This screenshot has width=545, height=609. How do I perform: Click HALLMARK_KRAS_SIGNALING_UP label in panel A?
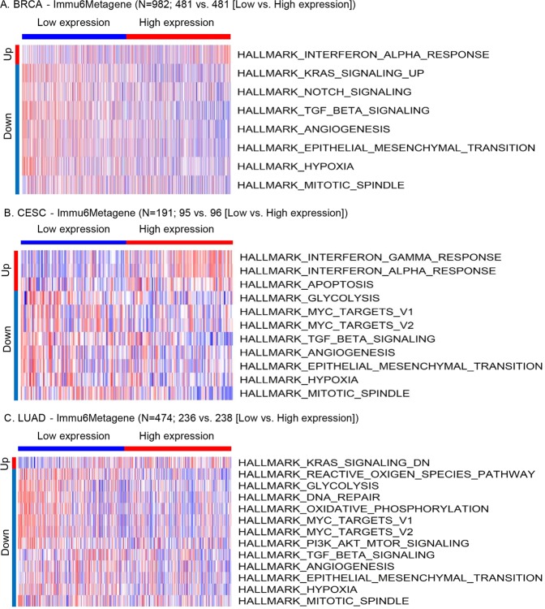tap(318, 74)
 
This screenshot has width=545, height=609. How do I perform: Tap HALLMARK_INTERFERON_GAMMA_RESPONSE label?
tap(370, 257)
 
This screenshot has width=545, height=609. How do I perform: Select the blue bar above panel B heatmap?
tap(73, 242)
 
